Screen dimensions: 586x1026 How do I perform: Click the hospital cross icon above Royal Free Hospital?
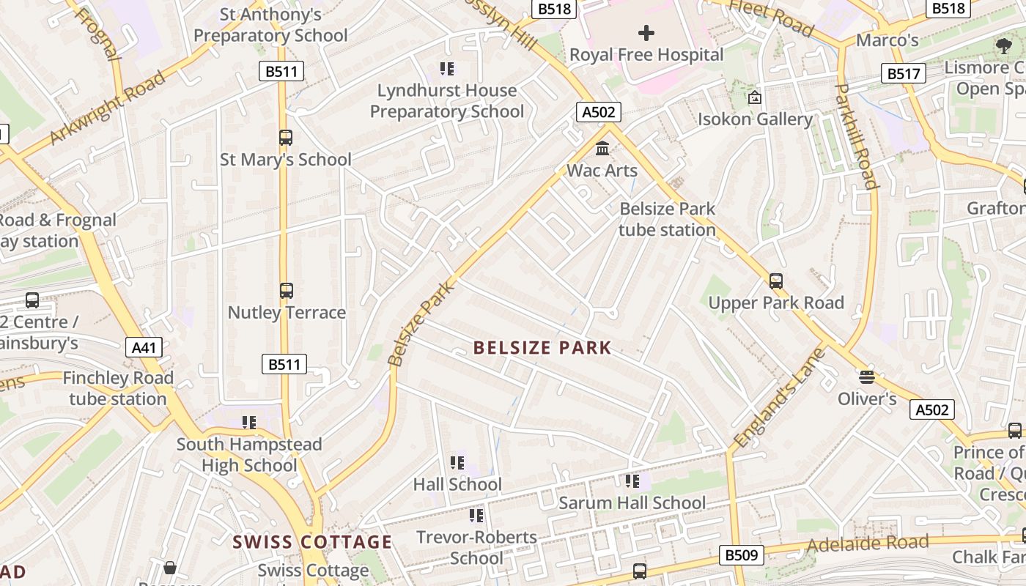pos(646,32)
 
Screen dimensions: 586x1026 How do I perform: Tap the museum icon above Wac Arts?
pos(602,149)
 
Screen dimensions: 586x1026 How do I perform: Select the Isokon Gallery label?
pos(755,119)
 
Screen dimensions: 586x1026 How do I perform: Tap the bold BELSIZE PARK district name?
pos(542,347)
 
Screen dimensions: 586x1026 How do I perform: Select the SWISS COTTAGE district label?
pos(312,542)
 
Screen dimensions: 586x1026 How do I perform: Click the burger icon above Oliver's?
pos(867,377)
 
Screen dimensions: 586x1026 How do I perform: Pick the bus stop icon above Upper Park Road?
pos(775,281)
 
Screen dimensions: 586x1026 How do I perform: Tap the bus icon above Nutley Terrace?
pos(287,291)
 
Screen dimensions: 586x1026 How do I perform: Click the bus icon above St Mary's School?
pos(286,137)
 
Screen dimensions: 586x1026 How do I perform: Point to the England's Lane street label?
pos(779,398)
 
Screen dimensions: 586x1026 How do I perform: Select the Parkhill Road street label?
pos(855,136)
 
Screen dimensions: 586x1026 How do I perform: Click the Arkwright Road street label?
pos(107,108)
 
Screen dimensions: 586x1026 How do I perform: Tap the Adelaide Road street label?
pos(867,544)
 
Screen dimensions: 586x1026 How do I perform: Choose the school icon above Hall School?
pos(457,463)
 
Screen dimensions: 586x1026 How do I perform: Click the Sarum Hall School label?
pos(632,502)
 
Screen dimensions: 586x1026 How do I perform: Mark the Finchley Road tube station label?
pos(118,388)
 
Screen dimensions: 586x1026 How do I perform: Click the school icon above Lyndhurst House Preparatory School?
pos(446,69)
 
